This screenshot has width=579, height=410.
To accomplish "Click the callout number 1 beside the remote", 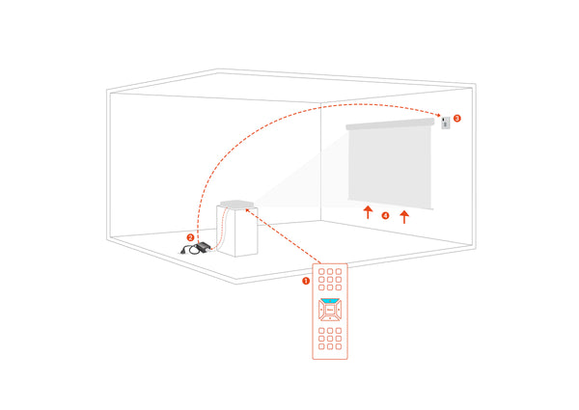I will click(306, 282).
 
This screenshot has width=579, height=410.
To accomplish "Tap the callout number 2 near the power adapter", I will click(190, 236).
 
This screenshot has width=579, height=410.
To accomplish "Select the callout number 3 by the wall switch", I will click(457, 119).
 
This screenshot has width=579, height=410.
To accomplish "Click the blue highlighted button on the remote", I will click(330, 301).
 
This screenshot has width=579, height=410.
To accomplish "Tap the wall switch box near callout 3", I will click(445, 123).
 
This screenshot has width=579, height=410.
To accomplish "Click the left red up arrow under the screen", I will click(367, 212).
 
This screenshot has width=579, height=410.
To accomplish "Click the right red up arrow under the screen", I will click(404, 212).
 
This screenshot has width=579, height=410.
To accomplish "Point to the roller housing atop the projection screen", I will click(391, 125).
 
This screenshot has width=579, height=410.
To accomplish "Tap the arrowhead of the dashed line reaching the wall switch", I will click(437, 112).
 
